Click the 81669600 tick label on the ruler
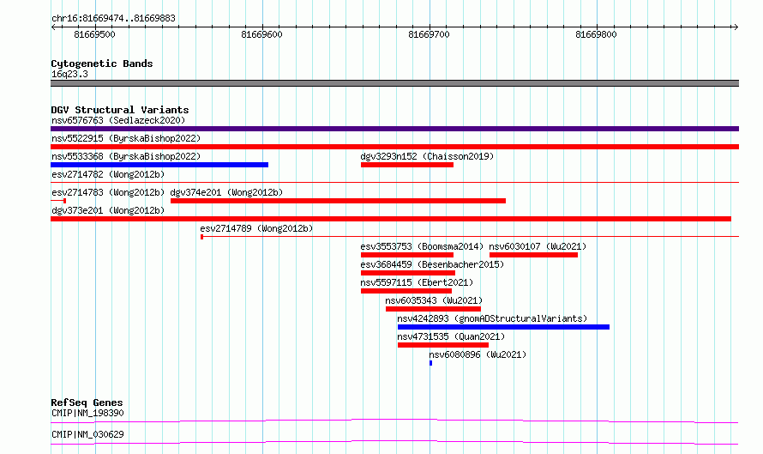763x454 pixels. tap(261, 34)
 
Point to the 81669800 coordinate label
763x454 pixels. tap(596, 34)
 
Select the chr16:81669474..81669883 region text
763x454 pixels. tap(113, 19)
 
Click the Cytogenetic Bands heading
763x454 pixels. tap(102, 64)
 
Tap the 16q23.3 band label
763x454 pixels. tap(69, 74)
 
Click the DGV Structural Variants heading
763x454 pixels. tap(120, 110)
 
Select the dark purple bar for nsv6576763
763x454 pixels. tap(394, 129)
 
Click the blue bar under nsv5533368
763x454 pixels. tap(159, 165)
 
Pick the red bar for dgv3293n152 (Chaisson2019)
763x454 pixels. tap(407, 165)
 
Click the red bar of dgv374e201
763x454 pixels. tap(338, 201)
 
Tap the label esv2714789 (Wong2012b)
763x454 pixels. tap(256, 228)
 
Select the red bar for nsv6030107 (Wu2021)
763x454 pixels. tap(534, 255)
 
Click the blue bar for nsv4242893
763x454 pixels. tap(503, 327)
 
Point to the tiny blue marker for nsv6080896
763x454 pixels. tap(430, 363)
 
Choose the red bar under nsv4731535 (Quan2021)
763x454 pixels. tap(443, 345)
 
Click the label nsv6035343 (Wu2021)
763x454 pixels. tap(434, 300)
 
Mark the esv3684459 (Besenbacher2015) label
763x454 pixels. tap(432, 264)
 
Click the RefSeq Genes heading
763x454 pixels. tap(87, 403)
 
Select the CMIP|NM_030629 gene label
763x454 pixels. tap(87, 434)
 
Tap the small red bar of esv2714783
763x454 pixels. tap(58, 201)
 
